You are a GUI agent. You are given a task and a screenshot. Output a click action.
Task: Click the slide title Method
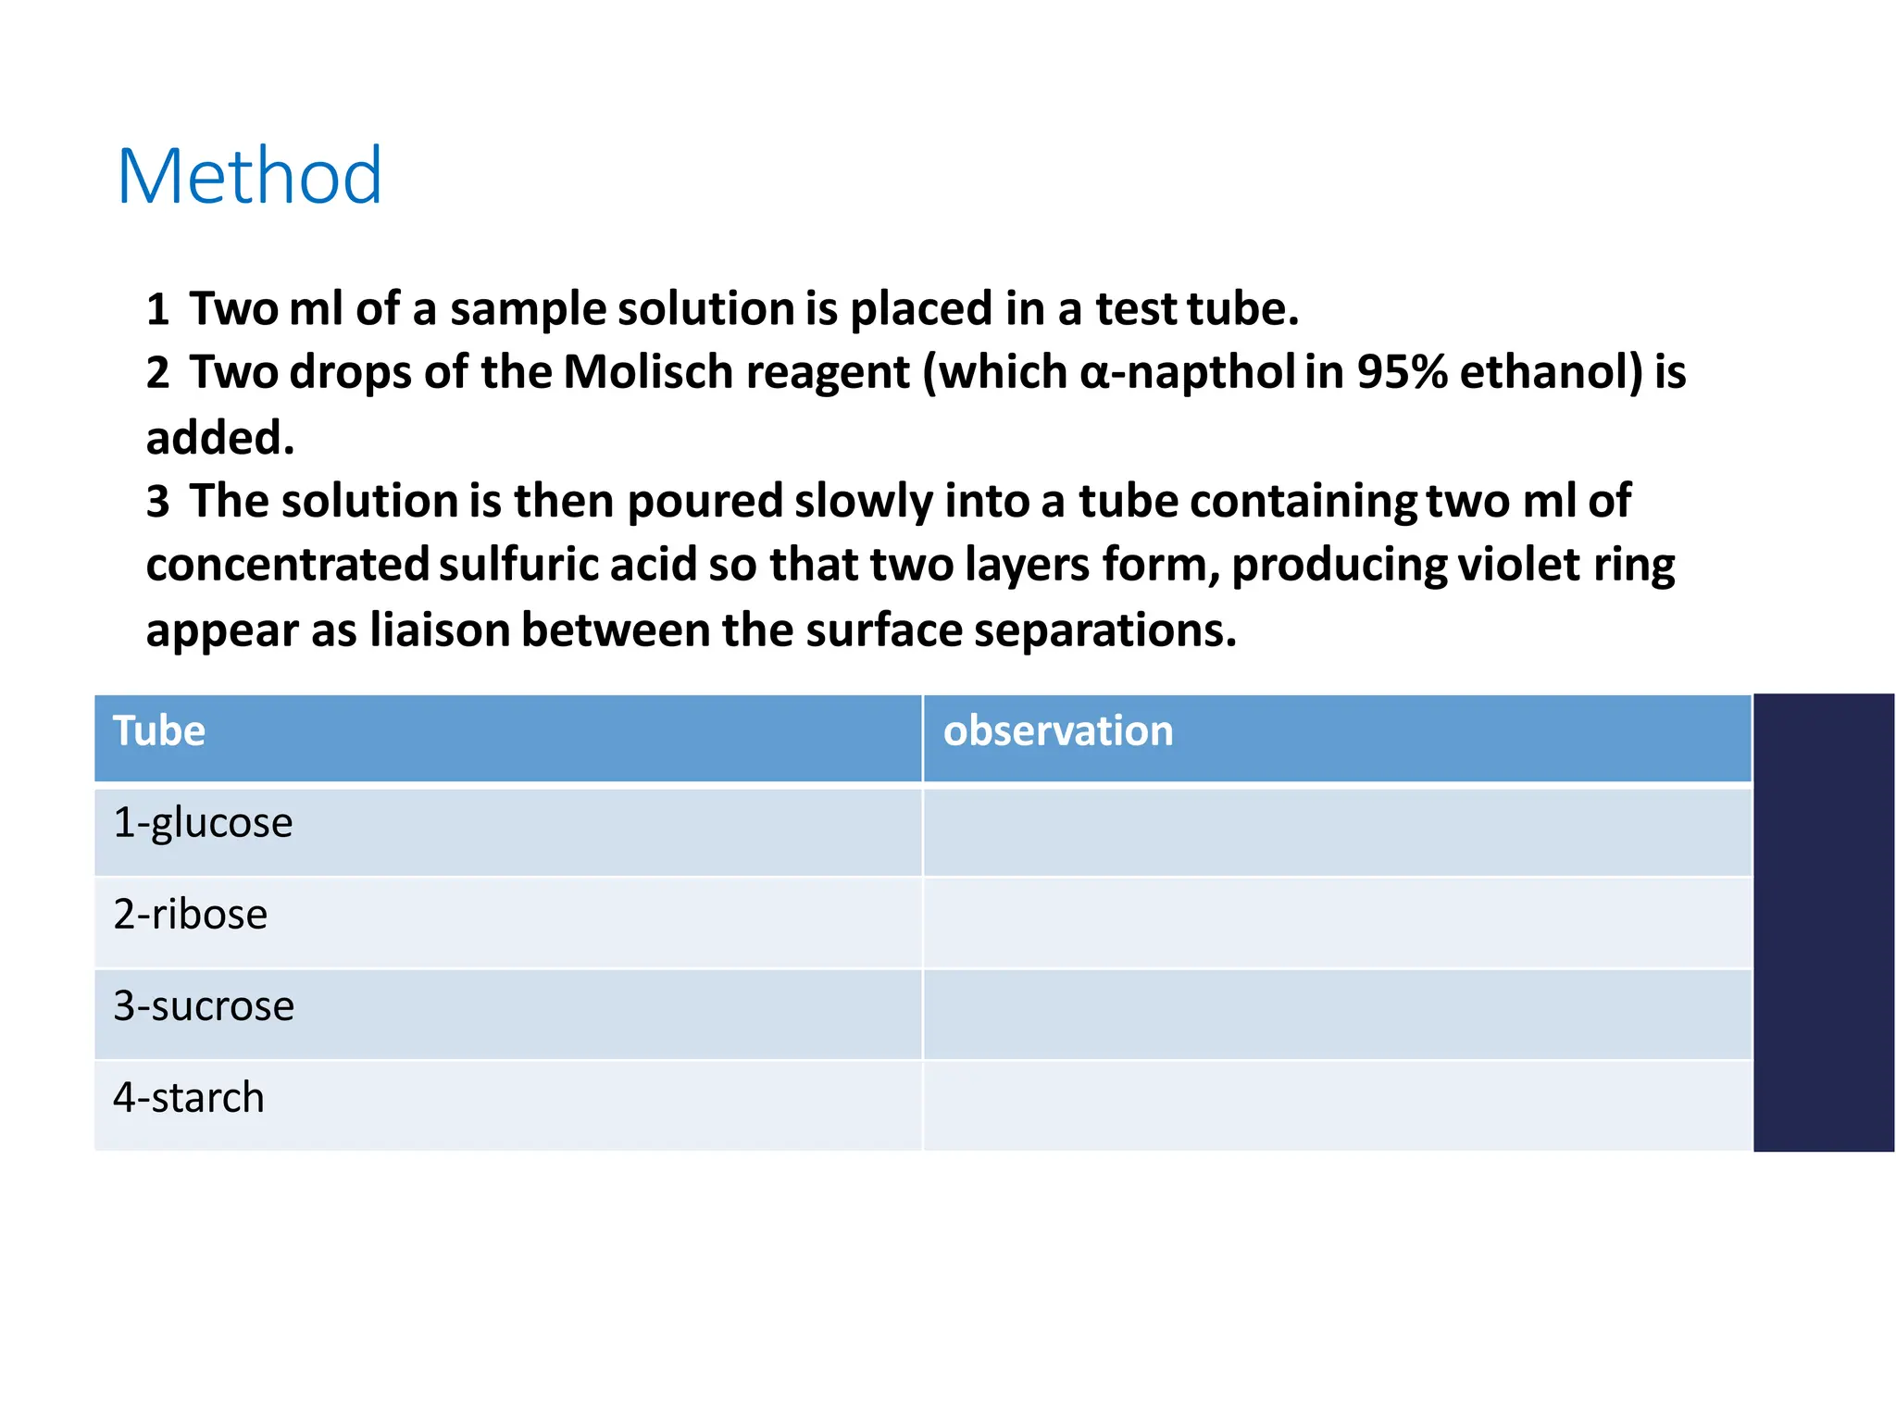249,176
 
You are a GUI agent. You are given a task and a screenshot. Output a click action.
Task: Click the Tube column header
159,731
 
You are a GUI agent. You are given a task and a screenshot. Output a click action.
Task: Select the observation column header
1057,731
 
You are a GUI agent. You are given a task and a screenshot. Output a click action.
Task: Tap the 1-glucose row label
203,823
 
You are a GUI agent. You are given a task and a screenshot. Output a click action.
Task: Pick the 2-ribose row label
190,915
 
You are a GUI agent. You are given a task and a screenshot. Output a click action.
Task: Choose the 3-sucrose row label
204,1006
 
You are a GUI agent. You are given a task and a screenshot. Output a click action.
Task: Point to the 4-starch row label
188,1098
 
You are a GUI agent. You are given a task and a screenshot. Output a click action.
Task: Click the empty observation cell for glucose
1337,830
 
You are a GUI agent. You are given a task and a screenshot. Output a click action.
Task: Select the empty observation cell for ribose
1337,922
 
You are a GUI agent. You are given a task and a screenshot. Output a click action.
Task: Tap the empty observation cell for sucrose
1337,1014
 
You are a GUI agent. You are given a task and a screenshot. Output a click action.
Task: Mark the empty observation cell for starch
1337,1105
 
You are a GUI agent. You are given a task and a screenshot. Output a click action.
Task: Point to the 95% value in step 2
1401,372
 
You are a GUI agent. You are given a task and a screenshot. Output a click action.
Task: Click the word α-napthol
1187,372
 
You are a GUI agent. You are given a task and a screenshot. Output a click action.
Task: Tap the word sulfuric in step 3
518,565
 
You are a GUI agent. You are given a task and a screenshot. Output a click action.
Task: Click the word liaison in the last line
440,630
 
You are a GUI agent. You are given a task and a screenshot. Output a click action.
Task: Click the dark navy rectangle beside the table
1823,922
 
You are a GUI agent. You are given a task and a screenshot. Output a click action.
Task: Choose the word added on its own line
220,438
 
